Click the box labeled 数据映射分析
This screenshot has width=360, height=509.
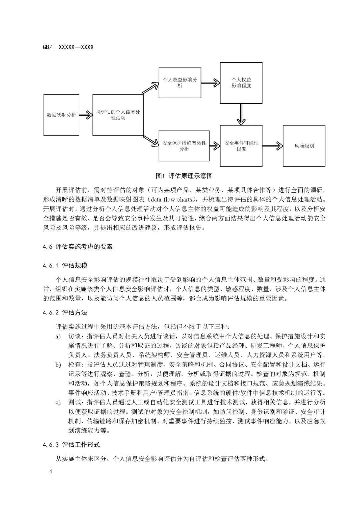tap(61, 115)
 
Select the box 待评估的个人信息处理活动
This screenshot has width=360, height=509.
tap(118, 115)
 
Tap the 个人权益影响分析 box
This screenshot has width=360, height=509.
tap(180, 83)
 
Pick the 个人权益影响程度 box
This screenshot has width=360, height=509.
tap(241, 83)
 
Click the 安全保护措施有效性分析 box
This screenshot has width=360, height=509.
tap(184, 146)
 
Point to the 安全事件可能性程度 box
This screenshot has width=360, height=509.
tap(241, 146)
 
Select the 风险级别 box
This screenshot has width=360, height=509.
tap(304, 146)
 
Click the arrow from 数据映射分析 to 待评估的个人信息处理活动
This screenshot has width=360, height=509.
tap(86, 115)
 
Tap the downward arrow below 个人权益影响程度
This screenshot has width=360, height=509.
tap(241, 114)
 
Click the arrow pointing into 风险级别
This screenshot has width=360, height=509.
tap(272, 146)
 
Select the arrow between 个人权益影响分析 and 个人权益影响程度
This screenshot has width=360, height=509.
tap(210, 83)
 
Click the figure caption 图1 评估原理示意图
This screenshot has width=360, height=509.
tap(184, 176)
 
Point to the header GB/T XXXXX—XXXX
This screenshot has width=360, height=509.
tap(68, 47)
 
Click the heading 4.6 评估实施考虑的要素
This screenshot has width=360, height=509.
tap(78, 247)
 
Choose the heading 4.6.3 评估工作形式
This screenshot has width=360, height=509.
tap(71, 445)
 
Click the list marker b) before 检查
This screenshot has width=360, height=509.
tap(58, 365)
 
